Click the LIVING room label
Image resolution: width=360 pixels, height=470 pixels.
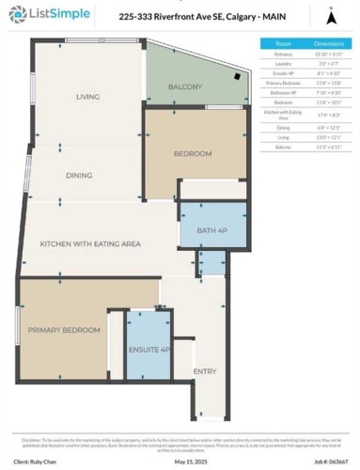point(87,97)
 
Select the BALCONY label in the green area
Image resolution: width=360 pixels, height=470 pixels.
point(185,86)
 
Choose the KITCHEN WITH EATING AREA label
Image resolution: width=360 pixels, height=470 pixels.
point(90,243)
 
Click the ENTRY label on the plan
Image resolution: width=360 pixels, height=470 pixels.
point(205,371)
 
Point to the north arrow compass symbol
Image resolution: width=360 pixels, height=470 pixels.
point(330,16)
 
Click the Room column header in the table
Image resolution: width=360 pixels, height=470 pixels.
point(283,43)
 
